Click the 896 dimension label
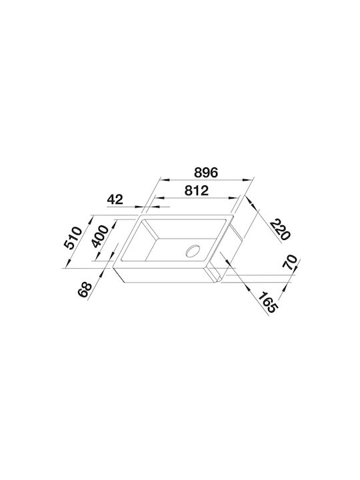[x=206, y=173]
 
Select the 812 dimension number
[x=197, y=191]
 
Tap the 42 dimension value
[x=115, y=199]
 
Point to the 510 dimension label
[x=73, y=237]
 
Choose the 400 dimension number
[x=100, y=236]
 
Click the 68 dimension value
[x=85, y=289]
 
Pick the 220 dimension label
[x=280, y=229]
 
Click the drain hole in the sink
[x=193, y=251]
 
